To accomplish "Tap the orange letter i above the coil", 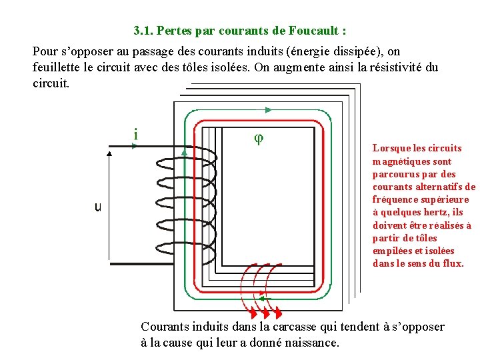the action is [x=136, y=135].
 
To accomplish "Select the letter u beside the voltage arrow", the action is [x=98, y=207].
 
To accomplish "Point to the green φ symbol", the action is [x=259, y=138].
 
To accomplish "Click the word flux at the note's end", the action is [x=453, y=263].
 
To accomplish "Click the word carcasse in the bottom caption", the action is [x=293, y=327].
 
